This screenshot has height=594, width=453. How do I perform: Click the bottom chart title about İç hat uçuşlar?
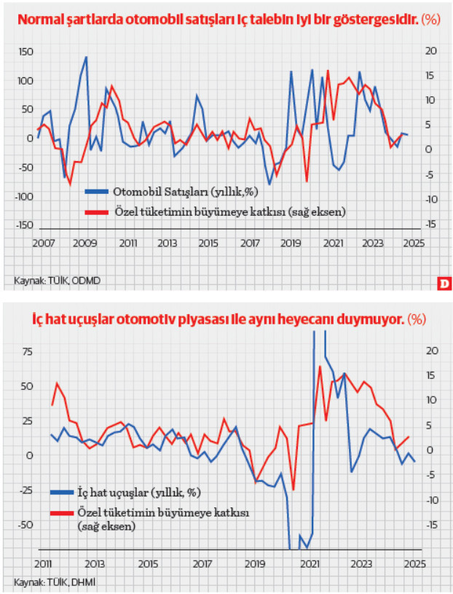click(x=218, y=319)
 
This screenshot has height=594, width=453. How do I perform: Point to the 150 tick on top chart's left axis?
click(x=25, y=51)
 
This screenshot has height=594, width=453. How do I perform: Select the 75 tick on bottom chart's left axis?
click(x=28, y=351)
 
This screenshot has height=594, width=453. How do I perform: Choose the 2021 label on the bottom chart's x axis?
click(x=310, y=563)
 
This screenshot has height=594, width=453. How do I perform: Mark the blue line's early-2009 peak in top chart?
click(x=87, y=57)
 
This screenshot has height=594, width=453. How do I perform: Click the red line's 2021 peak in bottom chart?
click(x=320, y=366)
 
